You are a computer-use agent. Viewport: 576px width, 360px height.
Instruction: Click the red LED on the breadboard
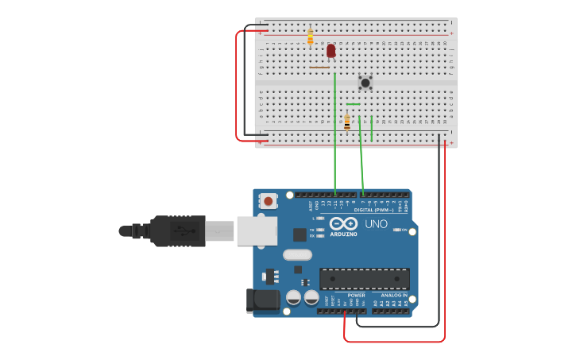[331, 51]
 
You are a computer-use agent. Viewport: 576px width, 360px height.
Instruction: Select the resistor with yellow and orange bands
[310, 37]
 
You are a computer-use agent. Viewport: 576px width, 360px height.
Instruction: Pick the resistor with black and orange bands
[347, 122]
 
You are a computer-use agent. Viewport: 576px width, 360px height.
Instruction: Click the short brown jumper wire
[319, 68]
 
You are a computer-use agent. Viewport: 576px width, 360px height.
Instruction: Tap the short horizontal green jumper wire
[354, 104]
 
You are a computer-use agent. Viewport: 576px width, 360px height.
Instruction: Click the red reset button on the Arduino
[269, 201]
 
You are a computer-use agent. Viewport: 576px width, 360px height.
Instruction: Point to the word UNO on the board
[376, 224]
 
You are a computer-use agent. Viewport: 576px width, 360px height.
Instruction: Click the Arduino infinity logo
[343, 224]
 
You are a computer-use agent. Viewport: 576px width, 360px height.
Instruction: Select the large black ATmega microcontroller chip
[365, 279]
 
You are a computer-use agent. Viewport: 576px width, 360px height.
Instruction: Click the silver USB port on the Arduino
[257, 230]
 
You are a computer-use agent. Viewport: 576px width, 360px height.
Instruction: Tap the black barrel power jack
[265, 300]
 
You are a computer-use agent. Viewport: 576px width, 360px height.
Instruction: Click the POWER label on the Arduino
[356, 295]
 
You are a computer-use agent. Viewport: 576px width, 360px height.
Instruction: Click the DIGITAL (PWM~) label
[373, 210]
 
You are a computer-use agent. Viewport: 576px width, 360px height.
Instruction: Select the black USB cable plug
[178, 231]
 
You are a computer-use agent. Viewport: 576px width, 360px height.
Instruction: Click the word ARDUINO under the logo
[343, 234]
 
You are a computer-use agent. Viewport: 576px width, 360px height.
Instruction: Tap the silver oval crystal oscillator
[296, 255]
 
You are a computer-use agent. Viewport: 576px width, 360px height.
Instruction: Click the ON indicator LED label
[404, 230]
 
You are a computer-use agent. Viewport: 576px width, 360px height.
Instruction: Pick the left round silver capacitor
[293, 298]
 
